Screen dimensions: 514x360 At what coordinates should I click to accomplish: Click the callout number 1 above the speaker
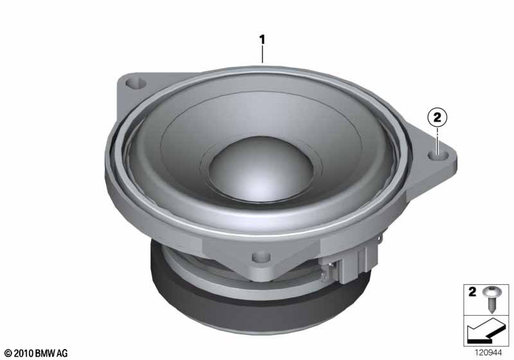coord(261,40)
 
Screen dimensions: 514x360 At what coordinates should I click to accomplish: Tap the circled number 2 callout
coord(438,117)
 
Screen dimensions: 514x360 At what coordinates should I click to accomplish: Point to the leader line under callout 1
coord(262,55)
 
